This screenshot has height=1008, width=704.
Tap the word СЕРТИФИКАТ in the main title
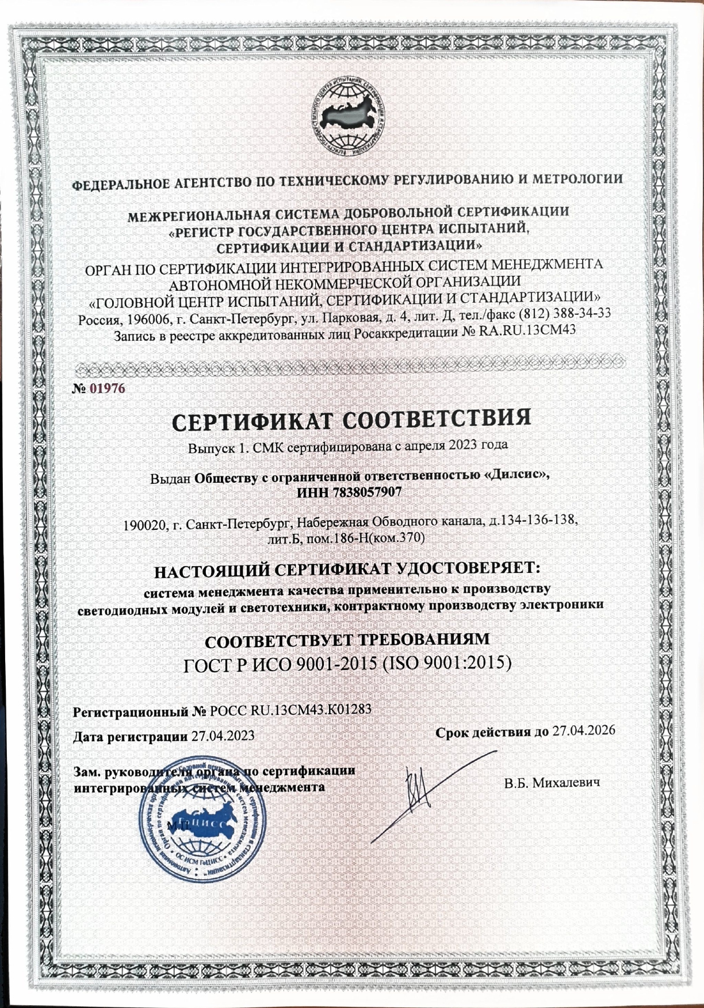point(253,421)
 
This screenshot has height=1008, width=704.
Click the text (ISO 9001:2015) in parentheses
point(446,663)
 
